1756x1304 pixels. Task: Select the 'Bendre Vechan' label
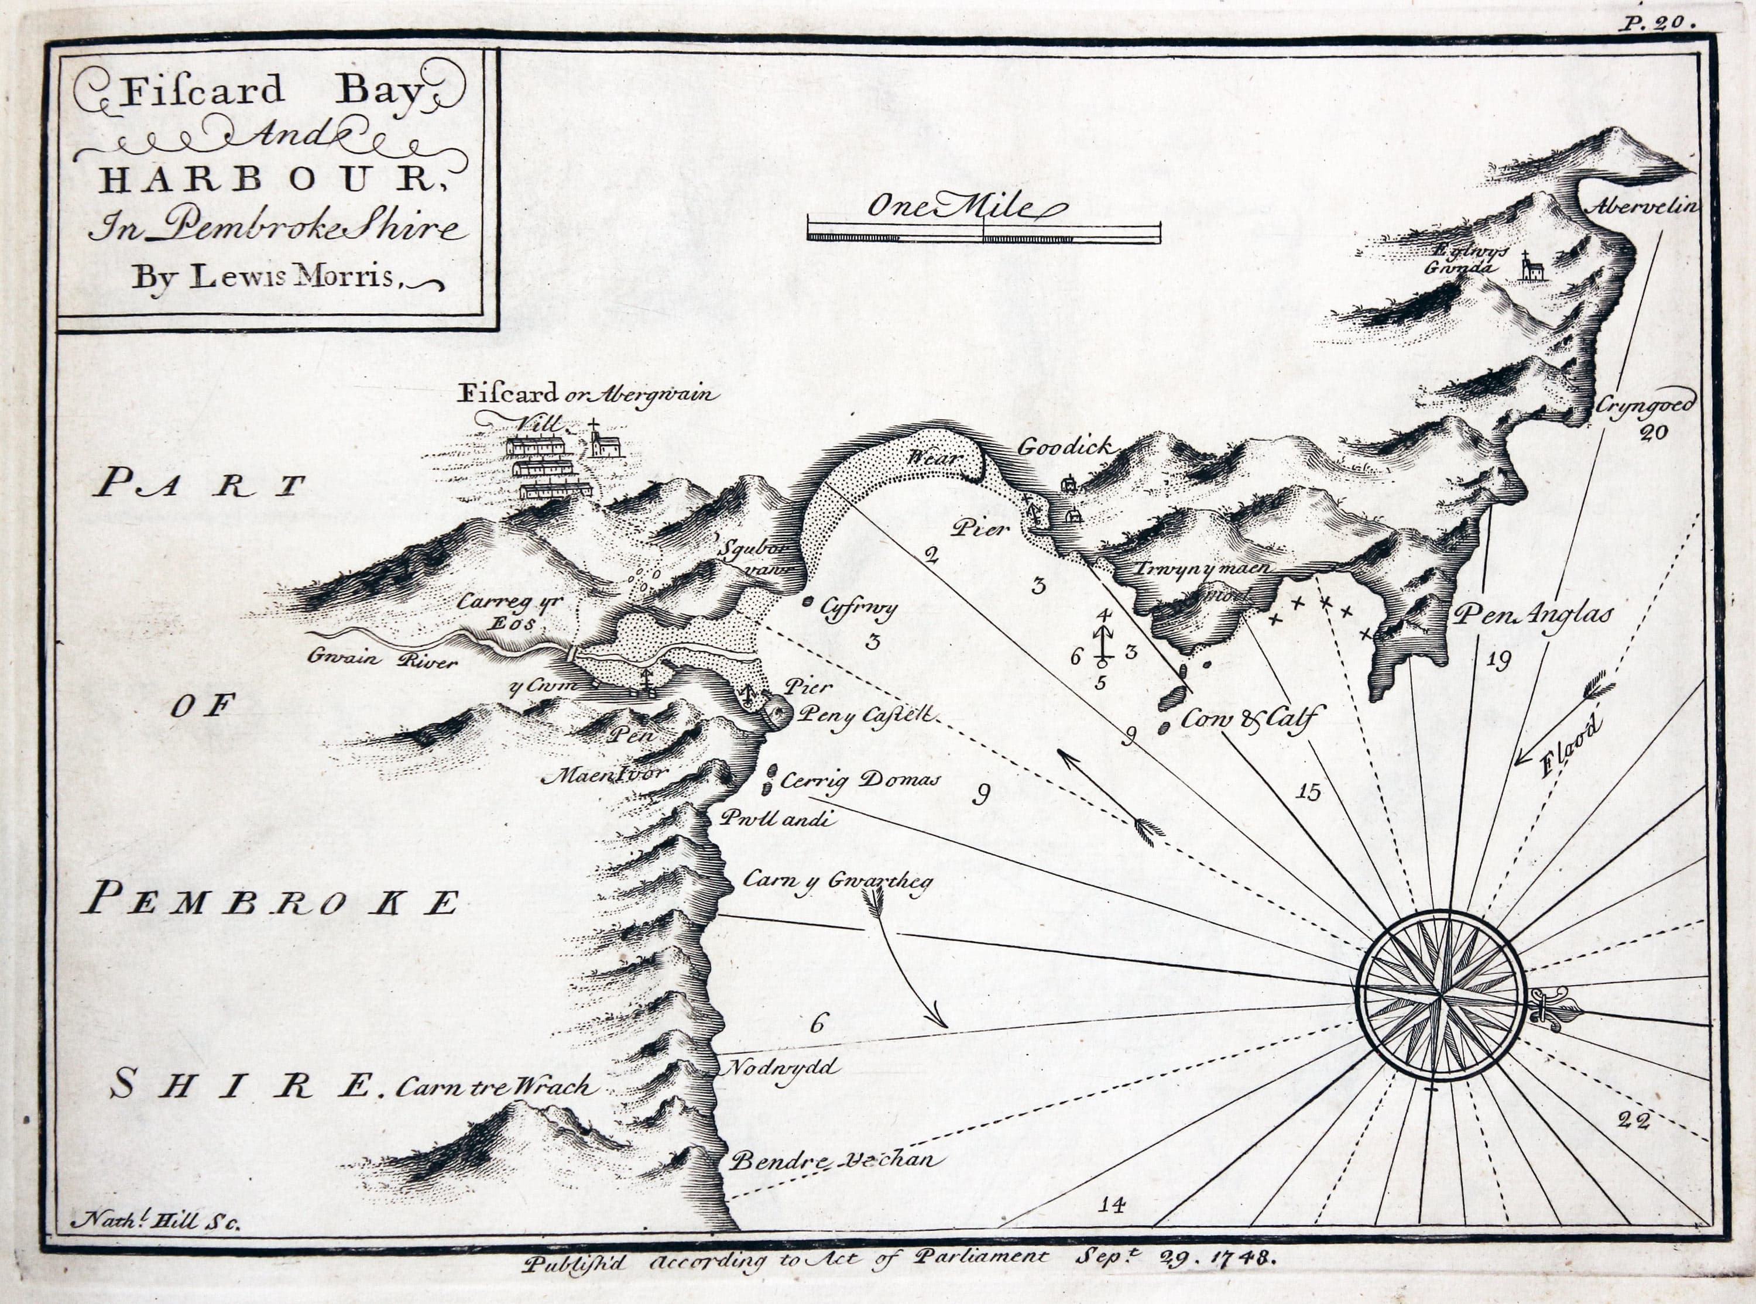836,1161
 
